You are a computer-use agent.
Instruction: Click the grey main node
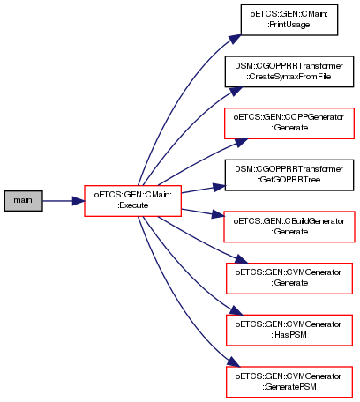tap(23, 201)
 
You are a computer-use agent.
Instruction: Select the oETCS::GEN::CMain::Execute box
tap(132, 201)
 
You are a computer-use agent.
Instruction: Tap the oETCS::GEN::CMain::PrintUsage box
tap(289, 20)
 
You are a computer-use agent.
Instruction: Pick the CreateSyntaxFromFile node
tap(289, 71)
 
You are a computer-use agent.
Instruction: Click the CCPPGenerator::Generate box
tap(289, 123)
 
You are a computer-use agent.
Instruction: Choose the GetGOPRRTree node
tap(289, 175)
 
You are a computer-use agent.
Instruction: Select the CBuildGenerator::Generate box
tap(289, 227)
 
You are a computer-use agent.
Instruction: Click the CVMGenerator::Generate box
tap(289, 279)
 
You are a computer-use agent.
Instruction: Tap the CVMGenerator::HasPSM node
tap(289, 330)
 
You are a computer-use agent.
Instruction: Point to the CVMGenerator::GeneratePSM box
tap(289, 382)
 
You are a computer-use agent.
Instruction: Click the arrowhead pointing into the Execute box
tap(79, 201)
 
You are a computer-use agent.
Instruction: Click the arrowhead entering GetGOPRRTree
tap(219, 187)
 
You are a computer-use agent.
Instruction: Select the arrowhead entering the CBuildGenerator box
tap(218, 214)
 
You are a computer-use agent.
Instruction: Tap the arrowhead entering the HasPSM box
tap(236, 310)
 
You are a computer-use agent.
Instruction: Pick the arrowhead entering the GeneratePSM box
tap(234, 362)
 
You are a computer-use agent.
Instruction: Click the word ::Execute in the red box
tap(132, 205)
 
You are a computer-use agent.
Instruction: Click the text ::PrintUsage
tap(289, 25)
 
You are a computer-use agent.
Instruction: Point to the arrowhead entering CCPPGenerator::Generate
tap(242, 142)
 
